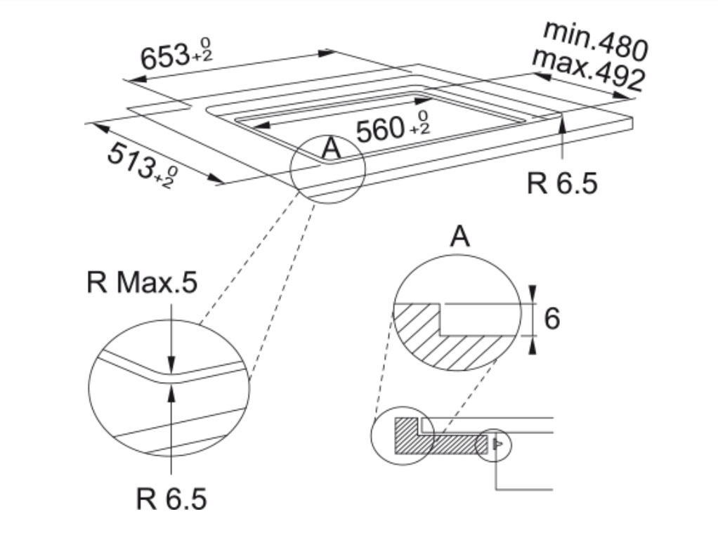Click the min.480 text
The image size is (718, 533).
pos(596,41)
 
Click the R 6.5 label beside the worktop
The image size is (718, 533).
pos(562,183)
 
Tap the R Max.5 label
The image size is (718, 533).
pos(142,282)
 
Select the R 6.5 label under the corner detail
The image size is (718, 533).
pos(171,498)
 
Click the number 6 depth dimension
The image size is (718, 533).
pos(551,318)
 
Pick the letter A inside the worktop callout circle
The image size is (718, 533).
pos(332,148)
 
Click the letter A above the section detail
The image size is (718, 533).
pos(459,236)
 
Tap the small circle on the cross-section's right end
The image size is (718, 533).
pos(493,445)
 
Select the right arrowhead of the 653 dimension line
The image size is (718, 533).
pos(327,53)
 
